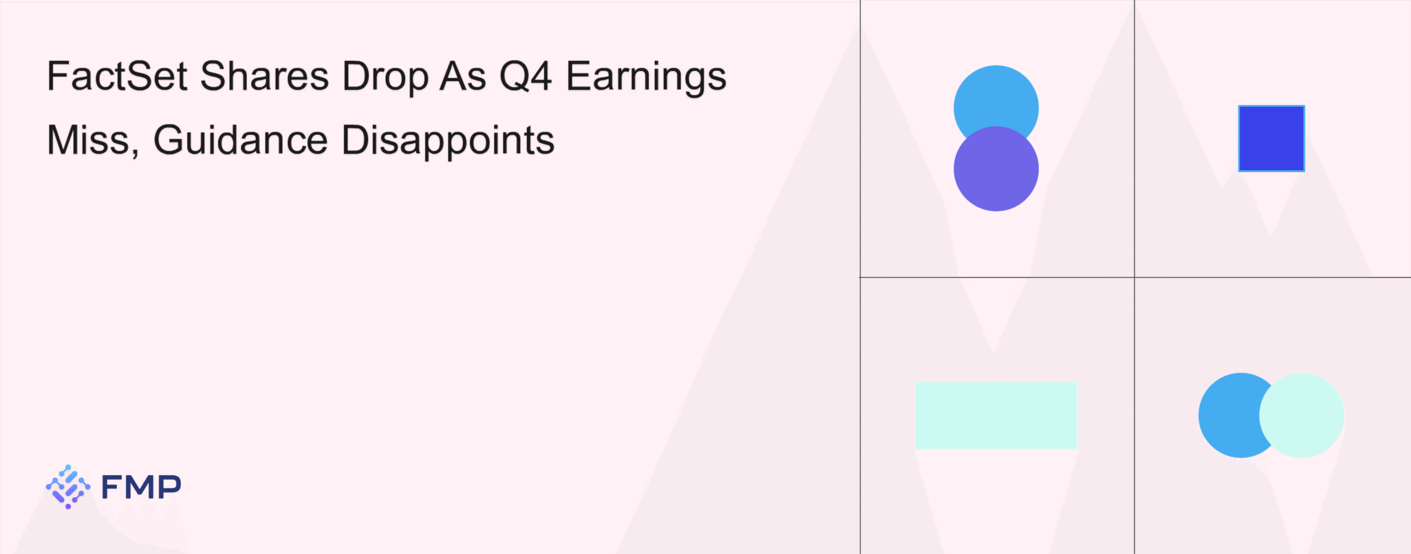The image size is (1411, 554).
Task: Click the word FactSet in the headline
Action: click(117, 76)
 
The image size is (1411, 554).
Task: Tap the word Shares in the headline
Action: click(265, 76)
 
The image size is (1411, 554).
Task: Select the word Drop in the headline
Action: click(385, 77)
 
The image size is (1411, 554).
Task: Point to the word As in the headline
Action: click(463, 76)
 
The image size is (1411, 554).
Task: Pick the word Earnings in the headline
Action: click(647, 77)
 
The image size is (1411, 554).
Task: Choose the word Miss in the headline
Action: click(88, 139)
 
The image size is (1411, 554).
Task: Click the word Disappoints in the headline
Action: click(448, 141)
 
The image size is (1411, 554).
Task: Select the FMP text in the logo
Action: click(142, 487)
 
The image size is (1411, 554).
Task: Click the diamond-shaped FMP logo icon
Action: click(68, 487)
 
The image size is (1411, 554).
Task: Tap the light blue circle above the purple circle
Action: click(996, 99)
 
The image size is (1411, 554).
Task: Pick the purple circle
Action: click(996, 169)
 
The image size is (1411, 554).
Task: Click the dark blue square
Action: click(1271, 138)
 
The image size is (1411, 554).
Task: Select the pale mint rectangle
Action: click(996, 415)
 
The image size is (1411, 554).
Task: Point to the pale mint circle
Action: click(1301, 415)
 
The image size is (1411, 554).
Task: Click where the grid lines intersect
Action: click(1134, 277)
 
